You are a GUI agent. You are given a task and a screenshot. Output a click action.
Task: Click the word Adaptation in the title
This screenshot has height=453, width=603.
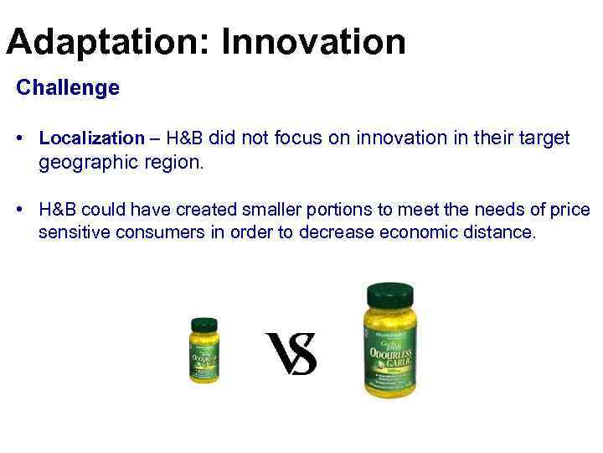point(106,41)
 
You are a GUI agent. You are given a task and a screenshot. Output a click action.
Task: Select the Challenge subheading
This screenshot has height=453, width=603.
point(68,87)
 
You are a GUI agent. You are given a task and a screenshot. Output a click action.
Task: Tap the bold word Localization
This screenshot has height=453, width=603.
point(91,138)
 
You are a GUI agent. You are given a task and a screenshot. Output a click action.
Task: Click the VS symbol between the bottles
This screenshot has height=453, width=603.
point(291,353)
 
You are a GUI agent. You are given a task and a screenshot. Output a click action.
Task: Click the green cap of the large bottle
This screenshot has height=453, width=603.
point(390,296)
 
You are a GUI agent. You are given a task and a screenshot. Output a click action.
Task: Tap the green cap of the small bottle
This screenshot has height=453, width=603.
point(204,325)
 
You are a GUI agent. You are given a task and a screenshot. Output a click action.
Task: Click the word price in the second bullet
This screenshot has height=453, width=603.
point(570,210)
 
